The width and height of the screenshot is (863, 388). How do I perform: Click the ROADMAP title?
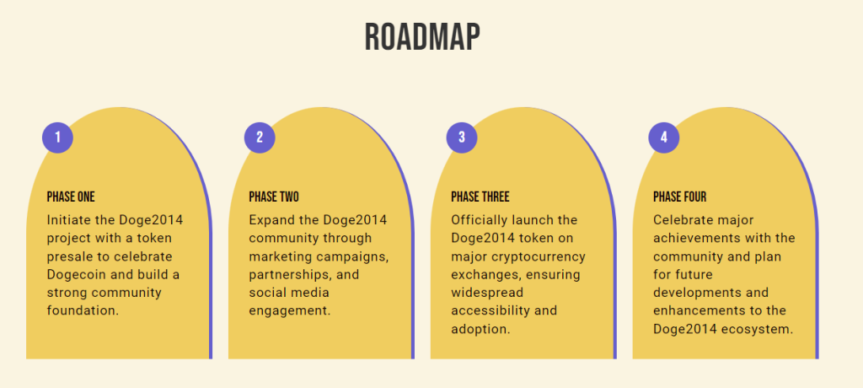[x=422, y=37]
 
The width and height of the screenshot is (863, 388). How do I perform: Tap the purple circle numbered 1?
[x=58, y=137]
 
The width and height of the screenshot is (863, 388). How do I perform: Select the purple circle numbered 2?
[x=260, y=137]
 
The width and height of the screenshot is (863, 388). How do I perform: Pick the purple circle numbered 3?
[x=462, y=137]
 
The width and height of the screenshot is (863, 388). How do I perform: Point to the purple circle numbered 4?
[x=664, y=137]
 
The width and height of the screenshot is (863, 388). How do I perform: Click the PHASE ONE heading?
[x=71, y=197]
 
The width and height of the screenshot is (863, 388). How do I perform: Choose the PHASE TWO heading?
[x=274, y=197]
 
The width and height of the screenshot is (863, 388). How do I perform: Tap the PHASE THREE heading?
[x=480, y=197]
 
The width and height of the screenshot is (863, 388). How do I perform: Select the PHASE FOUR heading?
[x=680, y=197]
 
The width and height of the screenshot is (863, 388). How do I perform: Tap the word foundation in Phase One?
[x=83, y=310]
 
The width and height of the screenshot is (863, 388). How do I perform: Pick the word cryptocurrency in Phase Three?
[x=535, y=257]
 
